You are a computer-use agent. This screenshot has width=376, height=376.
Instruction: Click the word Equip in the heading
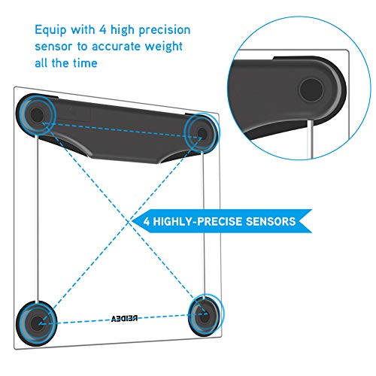50,31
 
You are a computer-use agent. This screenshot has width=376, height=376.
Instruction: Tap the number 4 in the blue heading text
103,29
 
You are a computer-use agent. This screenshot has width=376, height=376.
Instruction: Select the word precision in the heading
165,31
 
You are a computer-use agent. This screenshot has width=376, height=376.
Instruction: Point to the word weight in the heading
164,47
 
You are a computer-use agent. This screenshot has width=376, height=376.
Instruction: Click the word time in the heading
85,62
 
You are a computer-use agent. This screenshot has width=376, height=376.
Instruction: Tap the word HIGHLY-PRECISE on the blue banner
197,222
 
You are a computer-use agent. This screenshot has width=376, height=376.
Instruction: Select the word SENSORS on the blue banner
271,222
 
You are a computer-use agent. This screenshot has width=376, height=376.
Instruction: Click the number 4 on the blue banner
147,222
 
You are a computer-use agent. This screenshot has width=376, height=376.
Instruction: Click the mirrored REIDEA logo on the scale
124,319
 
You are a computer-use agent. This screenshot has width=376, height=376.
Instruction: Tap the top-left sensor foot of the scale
37,114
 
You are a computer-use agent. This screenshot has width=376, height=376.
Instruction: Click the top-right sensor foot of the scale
201,133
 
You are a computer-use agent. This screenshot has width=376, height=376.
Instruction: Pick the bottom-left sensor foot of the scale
36,323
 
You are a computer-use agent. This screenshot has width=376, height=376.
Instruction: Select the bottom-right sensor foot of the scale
205,317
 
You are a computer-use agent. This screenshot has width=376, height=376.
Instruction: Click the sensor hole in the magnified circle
311,89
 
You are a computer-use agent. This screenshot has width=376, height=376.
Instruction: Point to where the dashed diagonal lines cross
129,222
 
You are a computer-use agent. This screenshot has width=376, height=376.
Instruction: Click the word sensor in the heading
53,47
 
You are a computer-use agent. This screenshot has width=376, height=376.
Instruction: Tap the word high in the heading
123,31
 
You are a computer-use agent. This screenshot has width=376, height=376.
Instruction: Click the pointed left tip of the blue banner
132,222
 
